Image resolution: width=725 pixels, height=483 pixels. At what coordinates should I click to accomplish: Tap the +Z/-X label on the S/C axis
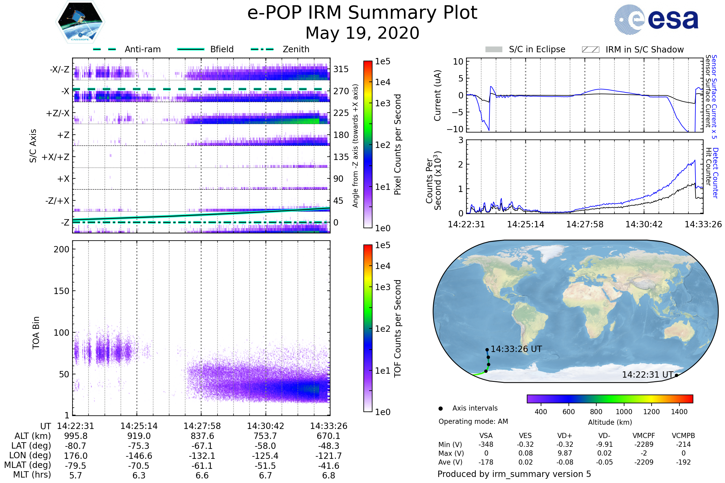[58, 114]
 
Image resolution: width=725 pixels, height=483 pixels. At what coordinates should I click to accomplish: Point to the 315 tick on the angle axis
[341, 69]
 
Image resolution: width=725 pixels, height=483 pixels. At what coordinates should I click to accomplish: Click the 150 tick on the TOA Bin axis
[61, 291]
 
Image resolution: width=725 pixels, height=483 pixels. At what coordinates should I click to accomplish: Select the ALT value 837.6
[202, 436]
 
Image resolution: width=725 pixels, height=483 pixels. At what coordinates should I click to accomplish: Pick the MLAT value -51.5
[265, 465]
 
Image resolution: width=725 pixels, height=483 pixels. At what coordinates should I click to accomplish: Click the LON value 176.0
[76, 456]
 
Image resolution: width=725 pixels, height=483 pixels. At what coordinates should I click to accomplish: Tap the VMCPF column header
[644, 436]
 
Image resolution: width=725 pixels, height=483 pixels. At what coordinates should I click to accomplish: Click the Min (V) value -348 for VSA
[486, 444]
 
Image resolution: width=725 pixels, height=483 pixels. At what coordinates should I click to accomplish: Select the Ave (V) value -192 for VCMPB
[683, 462]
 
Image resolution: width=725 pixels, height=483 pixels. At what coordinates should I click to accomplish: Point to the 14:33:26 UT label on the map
[516, 349]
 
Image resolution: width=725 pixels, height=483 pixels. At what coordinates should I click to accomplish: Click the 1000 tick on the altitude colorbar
[624, 412]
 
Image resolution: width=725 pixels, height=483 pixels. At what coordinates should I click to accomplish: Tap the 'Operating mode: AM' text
[473, 421]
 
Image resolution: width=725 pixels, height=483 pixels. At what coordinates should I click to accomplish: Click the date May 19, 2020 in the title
[362, 33]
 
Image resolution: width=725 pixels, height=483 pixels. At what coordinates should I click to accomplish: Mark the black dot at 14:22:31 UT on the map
[676, 375]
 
